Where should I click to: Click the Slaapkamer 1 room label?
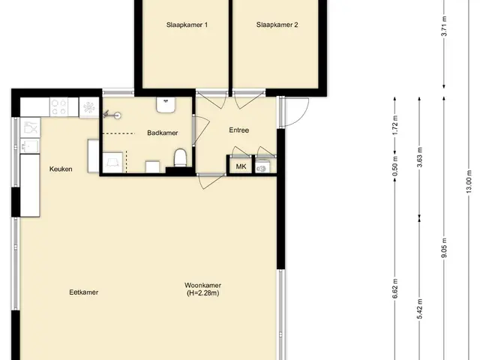[187, 25]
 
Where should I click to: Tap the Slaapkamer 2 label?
[277, 25]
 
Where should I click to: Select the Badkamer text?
[163, 133]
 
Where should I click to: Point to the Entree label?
[239, 130]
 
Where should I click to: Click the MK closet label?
[241, 166]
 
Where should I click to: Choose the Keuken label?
[61, 169]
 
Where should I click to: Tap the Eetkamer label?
[84, 292]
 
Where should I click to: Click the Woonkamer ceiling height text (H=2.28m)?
[203, 293]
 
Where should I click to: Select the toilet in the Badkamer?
[180, 157]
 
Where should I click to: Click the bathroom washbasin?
[166, 105]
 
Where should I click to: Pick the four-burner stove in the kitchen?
[59, 107]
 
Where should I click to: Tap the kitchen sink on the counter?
[30, 145]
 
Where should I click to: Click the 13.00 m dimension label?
[469, 181]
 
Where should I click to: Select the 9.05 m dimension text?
[445, 248]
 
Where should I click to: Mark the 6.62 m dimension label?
[395, 288]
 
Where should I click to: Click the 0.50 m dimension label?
[395, 166]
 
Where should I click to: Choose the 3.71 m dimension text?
[445, 26]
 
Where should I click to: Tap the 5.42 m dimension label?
[420, 309]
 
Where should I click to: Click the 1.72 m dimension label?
[395, 125]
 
